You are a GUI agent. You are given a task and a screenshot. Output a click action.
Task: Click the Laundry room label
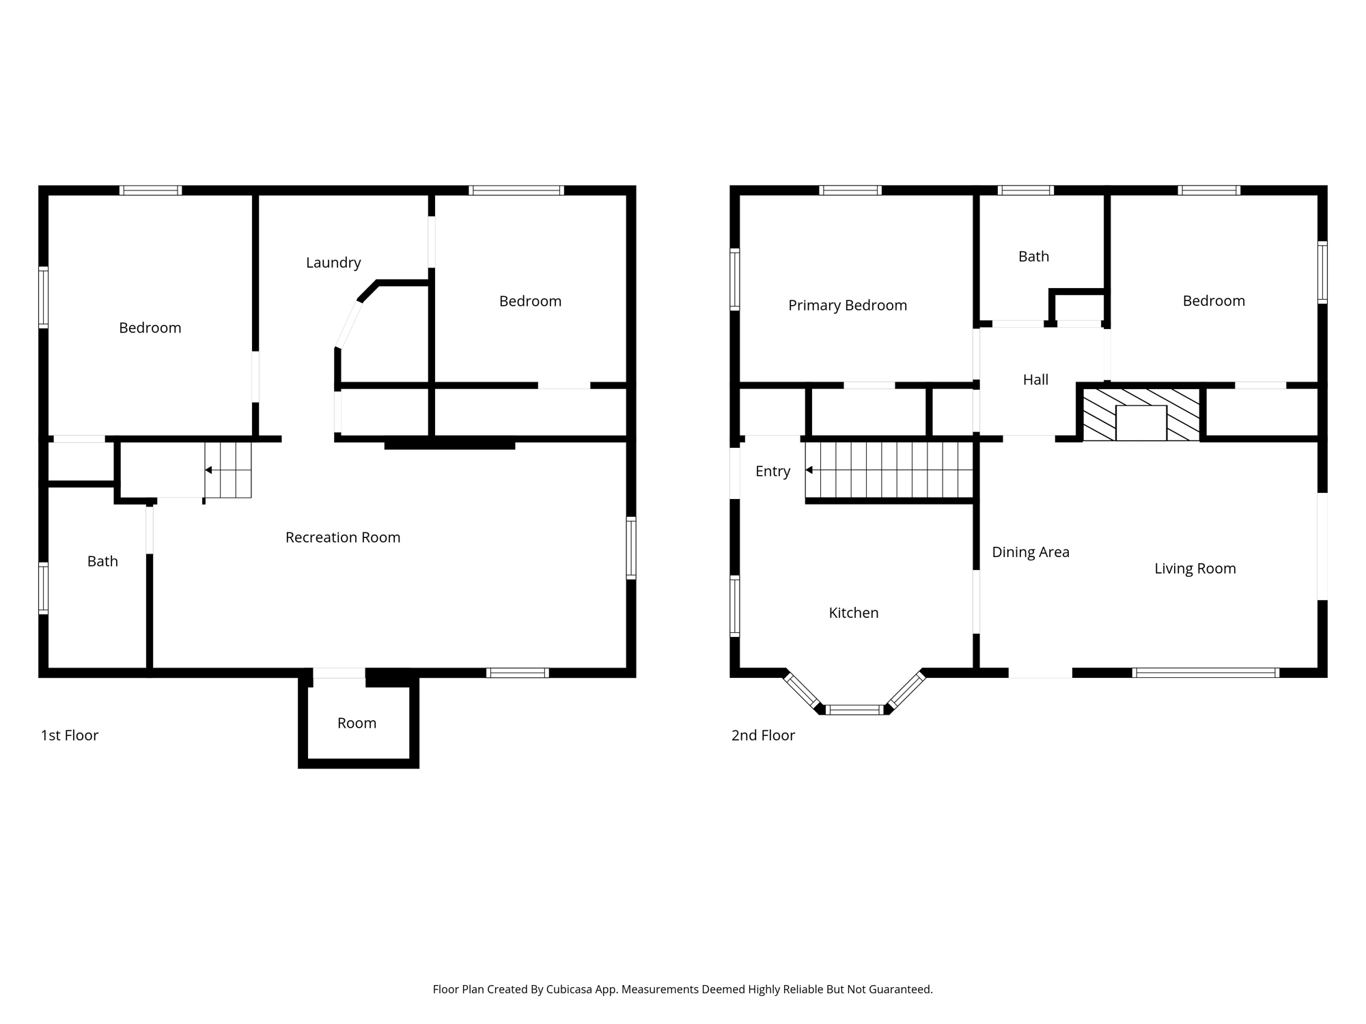(x=333, y=263)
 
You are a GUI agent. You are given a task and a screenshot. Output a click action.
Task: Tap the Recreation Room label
(x=343, y=538)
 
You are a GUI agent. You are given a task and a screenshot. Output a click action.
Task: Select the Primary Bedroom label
(x=848, y=306)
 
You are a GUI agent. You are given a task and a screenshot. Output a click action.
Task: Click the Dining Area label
(x=1031, y=552)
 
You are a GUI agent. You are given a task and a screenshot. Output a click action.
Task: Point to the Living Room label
(x=1195, y=569)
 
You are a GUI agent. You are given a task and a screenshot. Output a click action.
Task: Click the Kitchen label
(x=854, y=613)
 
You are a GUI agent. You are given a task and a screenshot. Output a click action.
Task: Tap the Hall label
(x=1035, y=380)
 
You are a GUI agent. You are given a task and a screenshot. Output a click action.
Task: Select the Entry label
(x=772, y=472)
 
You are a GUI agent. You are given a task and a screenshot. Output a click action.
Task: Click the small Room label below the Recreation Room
(x=357, y=724)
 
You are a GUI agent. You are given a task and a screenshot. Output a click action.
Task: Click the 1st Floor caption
(x=70, y=736)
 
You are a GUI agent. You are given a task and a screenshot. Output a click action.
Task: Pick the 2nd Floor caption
(x=763, y=736)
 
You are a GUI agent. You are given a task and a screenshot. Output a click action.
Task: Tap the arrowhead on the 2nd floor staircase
(x=809, y=470)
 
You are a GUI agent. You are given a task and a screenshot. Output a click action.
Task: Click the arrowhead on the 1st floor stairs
(x=208, y=470)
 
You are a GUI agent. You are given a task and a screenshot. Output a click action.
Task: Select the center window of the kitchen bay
(x=854, y=710)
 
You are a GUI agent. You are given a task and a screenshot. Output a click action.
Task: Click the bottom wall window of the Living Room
(x=1205, y=673)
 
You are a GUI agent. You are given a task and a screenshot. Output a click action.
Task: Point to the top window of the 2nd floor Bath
(x=1025, y=190)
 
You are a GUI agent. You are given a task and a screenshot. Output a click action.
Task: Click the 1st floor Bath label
(x=102, y=562)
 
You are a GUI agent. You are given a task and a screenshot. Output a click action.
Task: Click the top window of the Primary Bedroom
(x=850, y=190)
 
